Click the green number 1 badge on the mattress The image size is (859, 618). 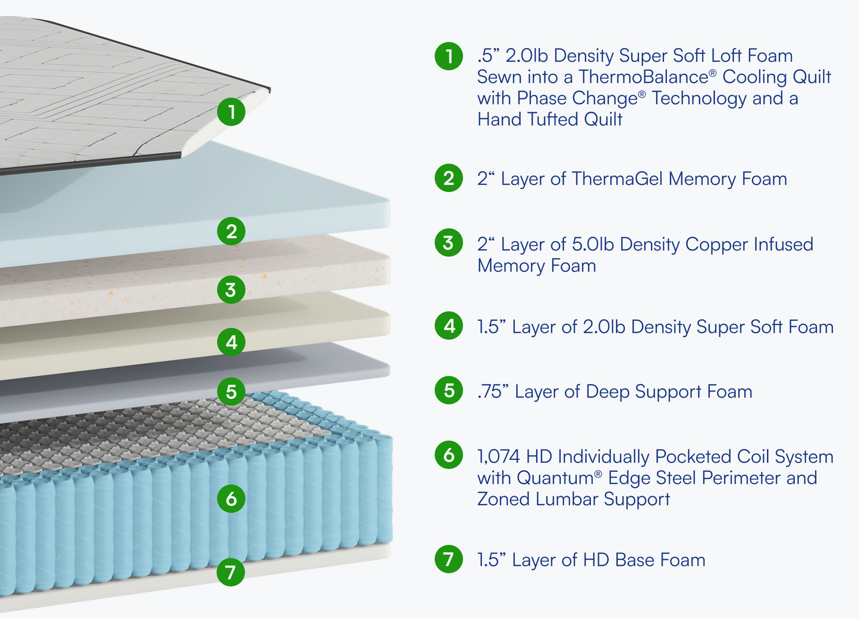231,112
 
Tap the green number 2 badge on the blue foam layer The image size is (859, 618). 231,231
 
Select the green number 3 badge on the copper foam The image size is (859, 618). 231,290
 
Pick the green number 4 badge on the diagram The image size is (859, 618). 231,342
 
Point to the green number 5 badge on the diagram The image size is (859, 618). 231,392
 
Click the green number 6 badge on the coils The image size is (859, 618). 231,498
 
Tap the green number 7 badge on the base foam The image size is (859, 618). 231,572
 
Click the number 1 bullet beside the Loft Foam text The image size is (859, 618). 449,56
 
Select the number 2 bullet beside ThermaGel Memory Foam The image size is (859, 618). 449,178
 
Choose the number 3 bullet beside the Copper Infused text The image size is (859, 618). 449,243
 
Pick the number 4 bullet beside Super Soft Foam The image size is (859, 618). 449,326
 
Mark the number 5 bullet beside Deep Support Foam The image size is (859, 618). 449,391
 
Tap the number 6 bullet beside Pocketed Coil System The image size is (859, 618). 449,455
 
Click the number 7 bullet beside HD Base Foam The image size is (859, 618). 449,559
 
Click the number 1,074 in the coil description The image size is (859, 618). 499,457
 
